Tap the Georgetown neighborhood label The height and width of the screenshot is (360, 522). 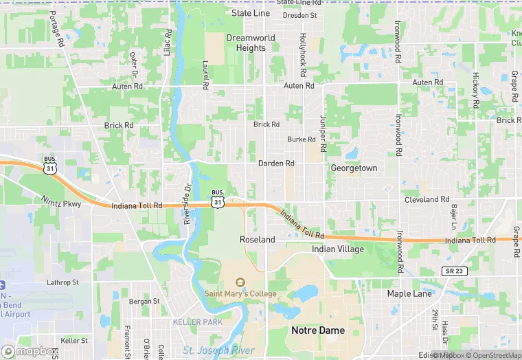click(x=354, y=168)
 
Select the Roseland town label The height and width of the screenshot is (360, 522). click(x=257, y=240)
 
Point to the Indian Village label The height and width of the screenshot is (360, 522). click(x=338, y=249)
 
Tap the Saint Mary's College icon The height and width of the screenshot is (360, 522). click(x=240, y=282)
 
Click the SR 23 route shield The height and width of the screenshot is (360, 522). click(x=455, y=271)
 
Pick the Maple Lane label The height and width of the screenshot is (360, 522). click(x=409, y=293)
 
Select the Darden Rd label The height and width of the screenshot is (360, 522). click(x=276, y=164)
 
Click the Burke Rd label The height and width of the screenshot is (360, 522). click(x=302, y=139)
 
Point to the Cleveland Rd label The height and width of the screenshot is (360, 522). click(x=427, y=199)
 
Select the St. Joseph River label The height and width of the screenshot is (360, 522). click(x=218, y=350)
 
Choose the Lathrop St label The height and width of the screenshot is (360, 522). click(x=63, y=282)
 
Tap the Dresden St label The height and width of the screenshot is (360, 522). click(x=299, y=14)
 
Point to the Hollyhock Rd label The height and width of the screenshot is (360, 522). click(x=302, y=54)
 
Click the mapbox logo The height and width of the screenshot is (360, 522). click(x=30, y=351)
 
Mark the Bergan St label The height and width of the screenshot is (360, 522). click(x=144, y=301)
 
